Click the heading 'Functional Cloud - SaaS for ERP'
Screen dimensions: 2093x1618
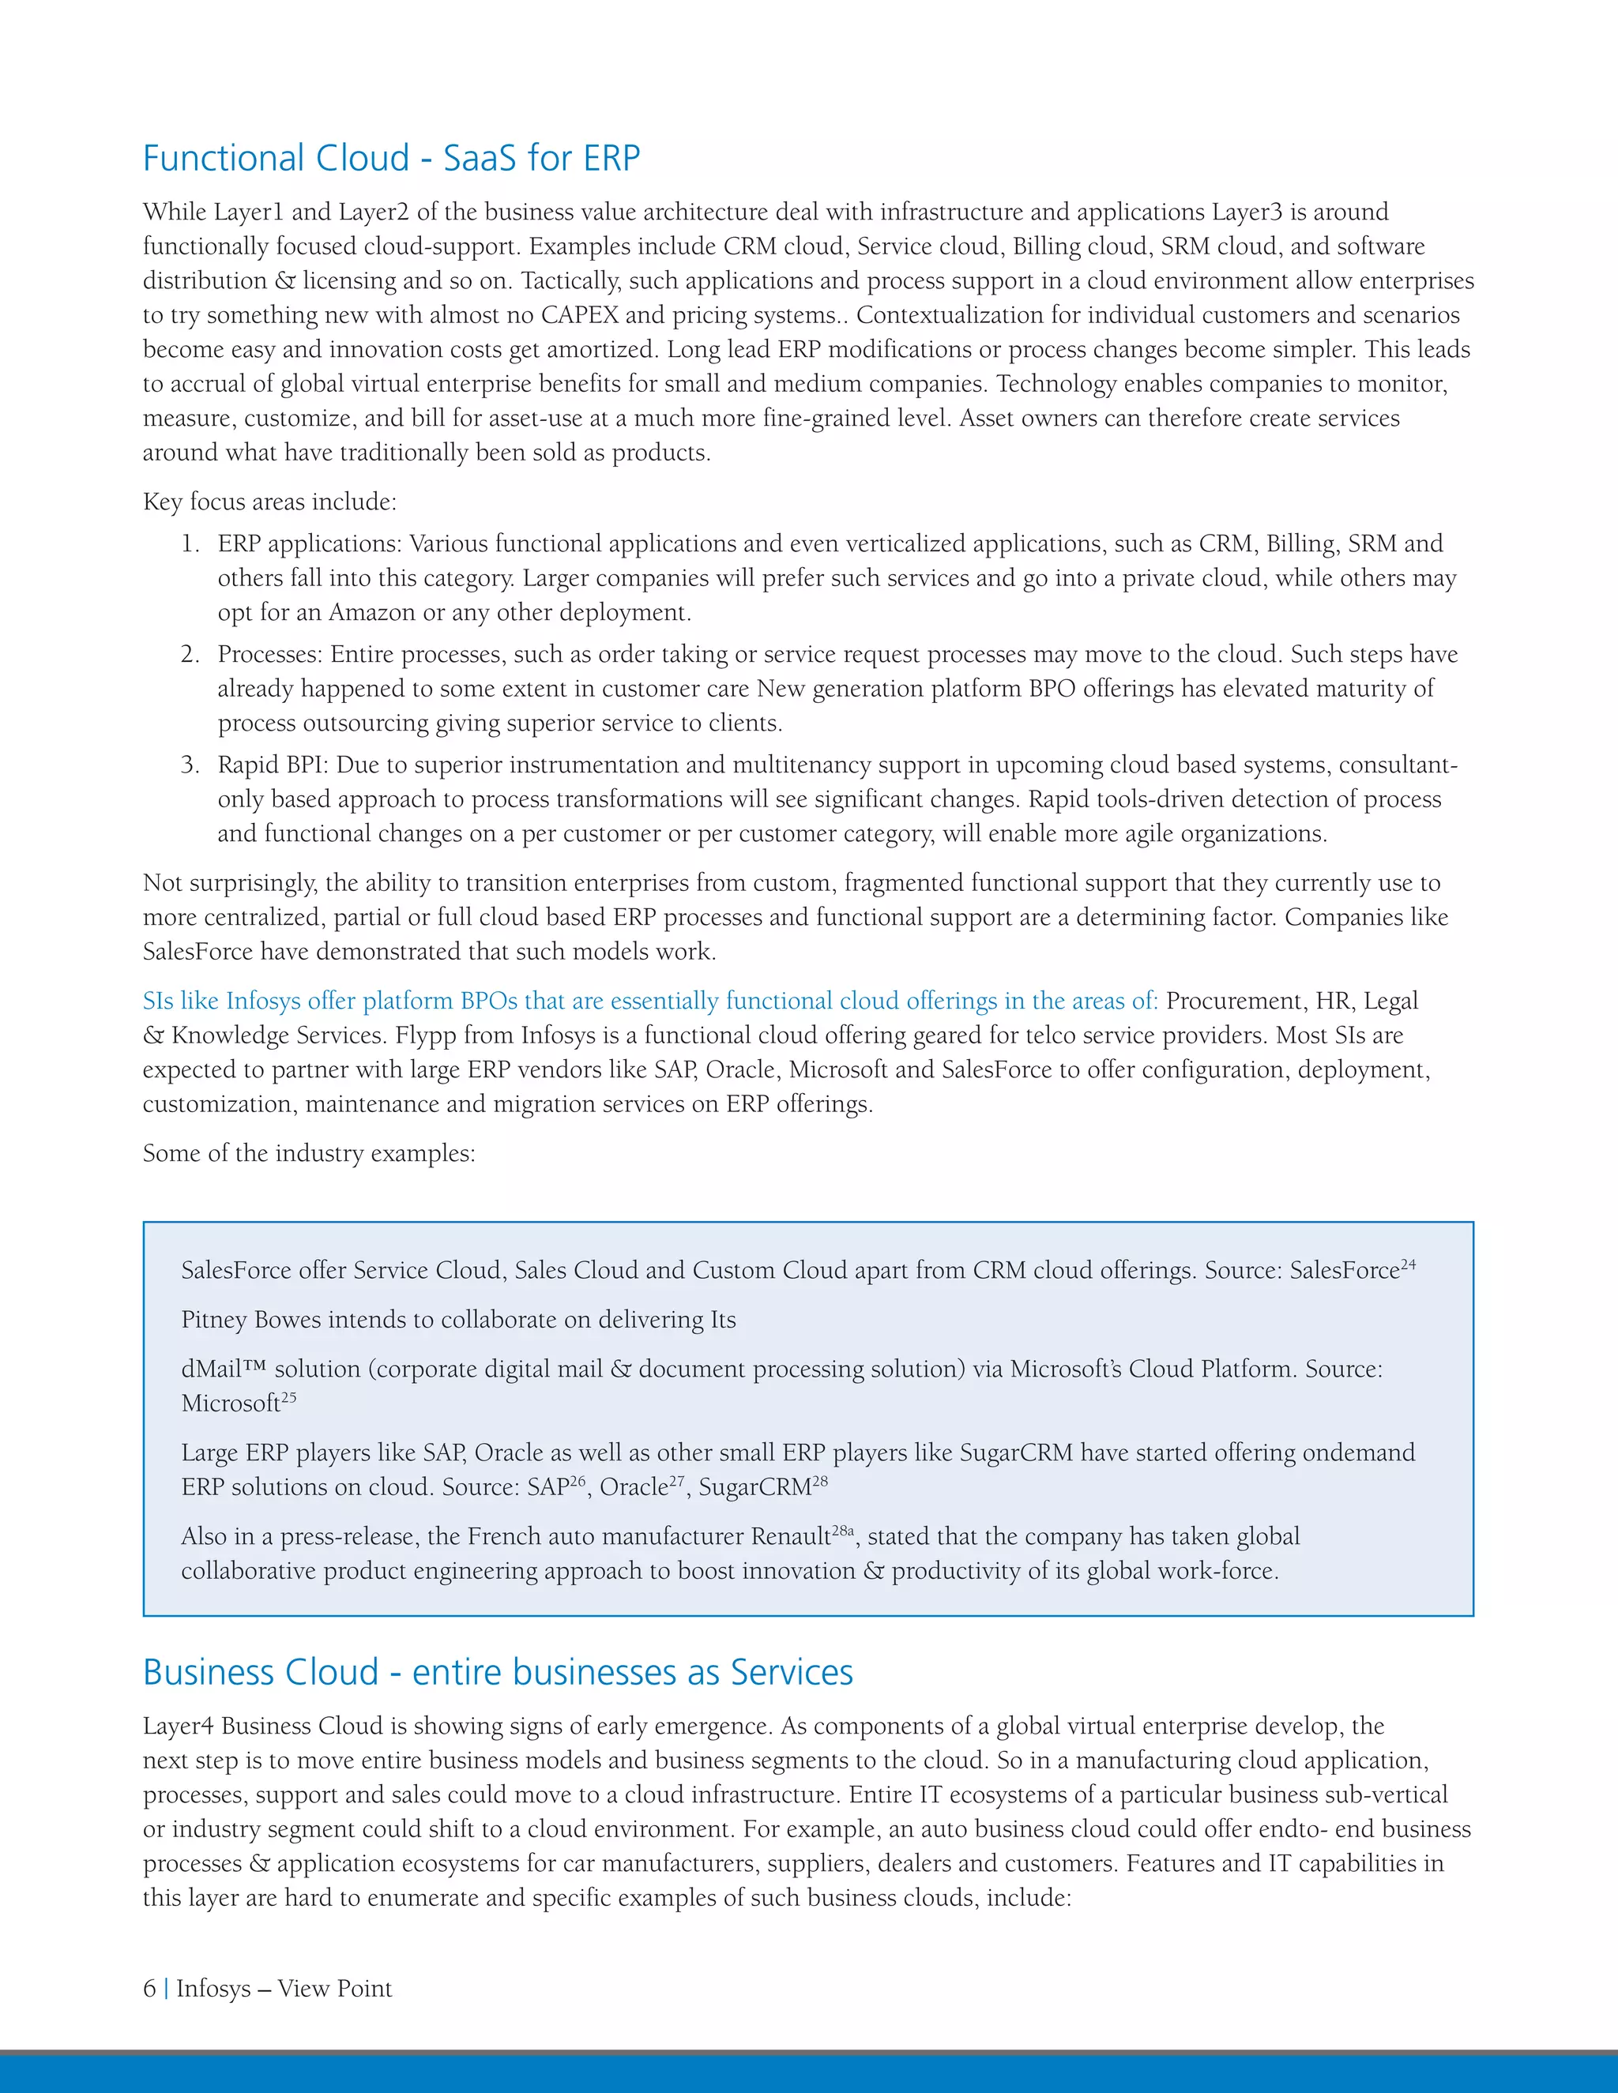pos(391,158)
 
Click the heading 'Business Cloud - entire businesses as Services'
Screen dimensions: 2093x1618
pos(498,1671)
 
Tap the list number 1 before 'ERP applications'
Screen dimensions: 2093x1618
pos(190,544)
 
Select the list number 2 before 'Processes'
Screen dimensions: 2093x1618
pos(190,655)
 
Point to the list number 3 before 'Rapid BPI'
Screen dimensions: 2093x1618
pos(190,765)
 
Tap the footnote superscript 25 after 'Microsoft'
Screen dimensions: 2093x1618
pos(288,1397)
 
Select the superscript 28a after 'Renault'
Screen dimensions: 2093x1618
pos(842,1531)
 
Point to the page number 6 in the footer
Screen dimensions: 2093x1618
pos(149,1989)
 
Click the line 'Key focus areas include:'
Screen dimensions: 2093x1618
pos(269,502)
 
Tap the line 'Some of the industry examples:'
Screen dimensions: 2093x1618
pos(309,1153)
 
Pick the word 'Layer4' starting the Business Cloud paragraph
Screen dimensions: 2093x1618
pos(179,1726)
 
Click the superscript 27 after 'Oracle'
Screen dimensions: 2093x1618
pos(677,1482)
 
